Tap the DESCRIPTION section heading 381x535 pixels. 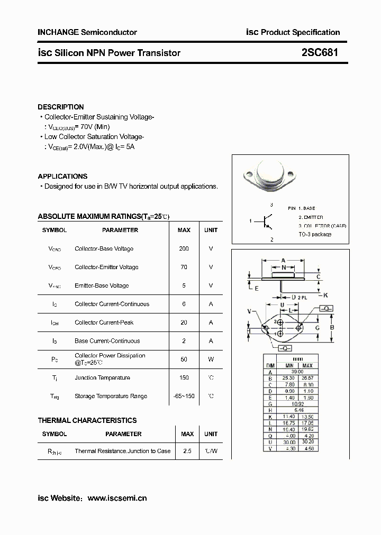point(61,107)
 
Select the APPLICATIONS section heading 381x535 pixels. point(62,176)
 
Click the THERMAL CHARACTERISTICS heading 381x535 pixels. point(87,420)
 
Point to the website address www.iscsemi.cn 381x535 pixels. point(117,498)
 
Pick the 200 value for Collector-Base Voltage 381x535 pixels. point(184,248)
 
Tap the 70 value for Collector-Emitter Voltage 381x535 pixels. point(184,267)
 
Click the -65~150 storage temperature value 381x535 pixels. point(184,396)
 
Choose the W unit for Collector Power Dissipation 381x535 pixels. point(211,359)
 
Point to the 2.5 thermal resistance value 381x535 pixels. point(187,451)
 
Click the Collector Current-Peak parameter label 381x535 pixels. point(104,322)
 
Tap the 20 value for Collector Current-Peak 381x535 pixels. point(184,322)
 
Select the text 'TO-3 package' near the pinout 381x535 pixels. point(315,234)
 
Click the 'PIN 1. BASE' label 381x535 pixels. point(302,208)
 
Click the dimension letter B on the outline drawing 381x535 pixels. point(332,327)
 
